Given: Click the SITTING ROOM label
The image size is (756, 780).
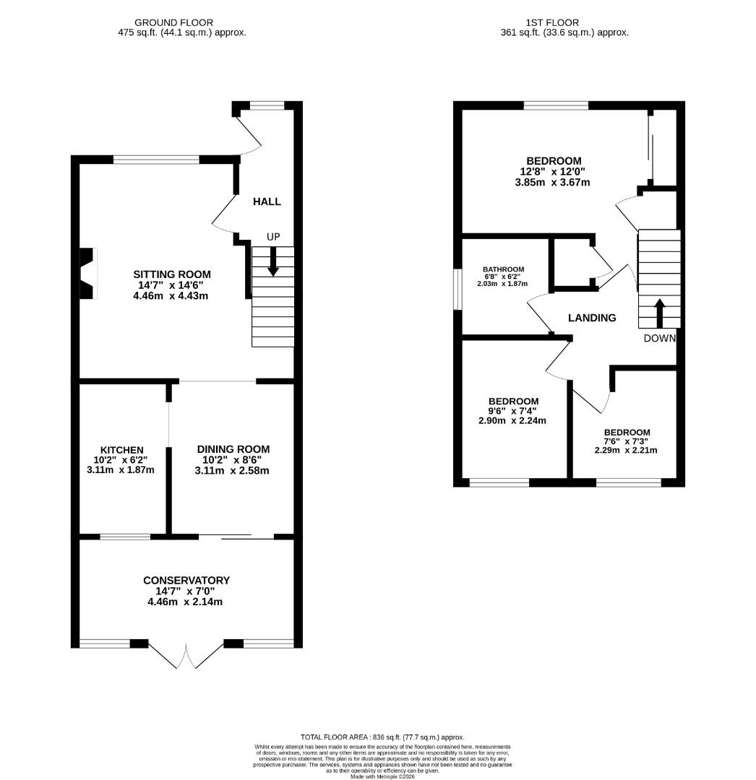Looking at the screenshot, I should tap(171, 274).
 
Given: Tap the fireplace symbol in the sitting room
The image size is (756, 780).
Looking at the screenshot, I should tap(87, 273).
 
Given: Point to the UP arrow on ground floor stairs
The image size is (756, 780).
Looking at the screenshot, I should tap(272, 261).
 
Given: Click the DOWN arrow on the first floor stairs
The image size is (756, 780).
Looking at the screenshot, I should tap(658, 312).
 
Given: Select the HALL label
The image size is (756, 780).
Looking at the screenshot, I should tap(267, 201).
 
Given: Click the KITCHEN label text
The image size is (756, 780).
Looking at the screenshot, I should tap(121, 450).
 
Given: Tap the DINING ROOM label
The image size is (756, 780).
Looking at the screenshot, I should tap(233, 449).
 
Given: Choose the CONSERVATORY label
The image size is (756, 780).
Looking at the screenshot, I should tap(186, 580).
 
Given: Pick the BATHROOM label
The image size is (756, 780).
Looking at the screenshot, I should tap(504, 269).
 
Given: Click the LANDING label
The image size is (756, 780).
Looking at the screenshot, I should tap(592, 318).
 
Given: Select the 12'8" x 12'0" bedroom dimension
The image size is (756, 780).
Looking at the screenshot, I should tap(554, 172).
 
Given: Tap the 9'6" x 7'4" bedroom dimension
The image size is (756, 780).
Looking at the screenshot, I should tap(513, 411).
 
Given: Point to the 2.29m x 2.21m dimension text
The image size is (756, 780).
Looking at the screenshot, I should tap(626, 450).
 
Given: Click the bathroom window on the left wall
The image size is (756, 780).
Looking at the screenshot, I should tap(457, 290).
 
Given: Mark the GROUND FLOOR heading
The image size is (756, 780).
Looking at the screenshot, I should tap(174, 22).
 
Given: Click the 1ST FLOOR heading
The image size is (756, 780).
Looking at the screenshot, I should tap(554, 22).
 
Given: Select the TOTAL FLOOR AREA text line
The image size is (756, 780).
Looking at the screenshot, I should tap(382, 737).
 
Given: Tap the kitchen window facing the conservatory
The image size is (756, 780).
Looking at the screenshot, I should tap(125, 537).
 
